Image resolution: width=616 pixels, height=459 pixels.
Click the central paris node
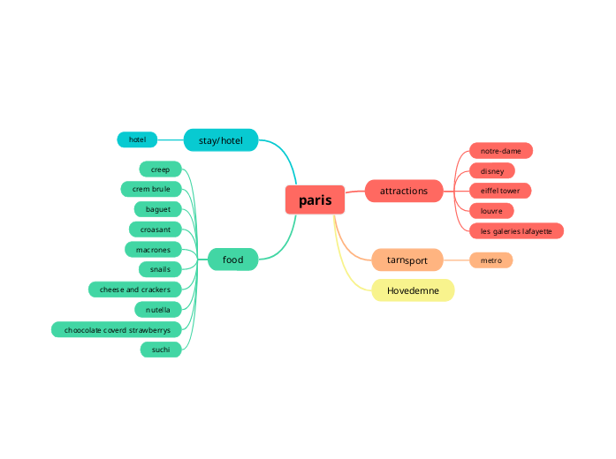point(315,200)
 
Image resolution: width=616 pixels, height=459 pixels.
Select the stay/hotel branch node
point(220,140)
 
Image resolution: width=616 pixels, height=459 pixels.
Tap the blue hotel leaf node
point(137,139)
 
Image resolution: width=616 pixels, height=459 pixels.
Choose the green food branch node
point(232,260)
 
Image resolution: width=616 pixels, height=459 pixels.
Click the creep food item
point(160,169)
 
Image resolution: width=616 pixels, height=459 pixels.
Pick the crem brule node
point(151,189)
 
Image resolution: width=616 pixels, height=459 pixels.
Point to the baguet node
point(158,209)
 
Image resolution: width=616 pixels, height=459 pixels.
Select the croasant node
point(156,229)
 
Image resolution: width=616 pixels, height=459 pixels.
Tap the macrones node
point(153,250)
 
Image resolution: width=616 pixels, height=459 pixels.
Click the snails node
point(160,269)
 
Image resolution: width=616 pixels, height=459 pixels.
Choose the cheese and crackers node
point(135,290)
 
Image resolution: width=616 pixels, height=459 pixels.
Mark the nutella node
point(158,310)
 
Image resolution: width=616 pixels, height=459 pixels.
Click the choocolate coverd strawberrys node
point(117,330)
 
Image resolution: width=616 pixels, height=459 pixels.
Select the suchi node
point(160,350)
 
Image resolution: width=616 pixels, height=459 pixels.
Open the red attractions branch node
point(404,191)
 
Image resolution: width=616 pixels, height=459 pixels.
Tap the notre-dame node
point(501,151)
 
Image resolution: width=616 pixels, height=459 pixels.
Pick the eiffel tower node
point(500,191)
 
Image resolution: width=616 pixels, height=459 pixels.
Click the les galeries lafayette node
point(516,231)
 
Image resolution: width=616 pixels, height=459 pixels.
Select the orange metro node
point(491,260)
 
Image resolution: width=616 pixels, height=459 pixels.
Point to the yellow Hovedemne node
point(413,290)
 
